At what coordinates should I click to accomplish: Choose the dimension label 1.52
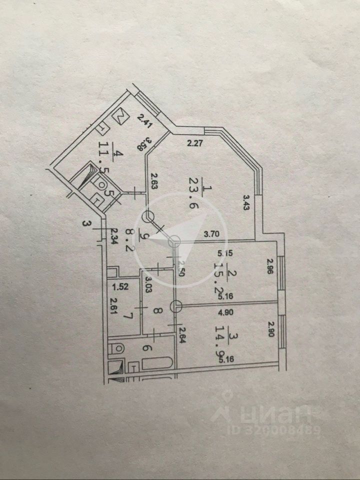[120, 287]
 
